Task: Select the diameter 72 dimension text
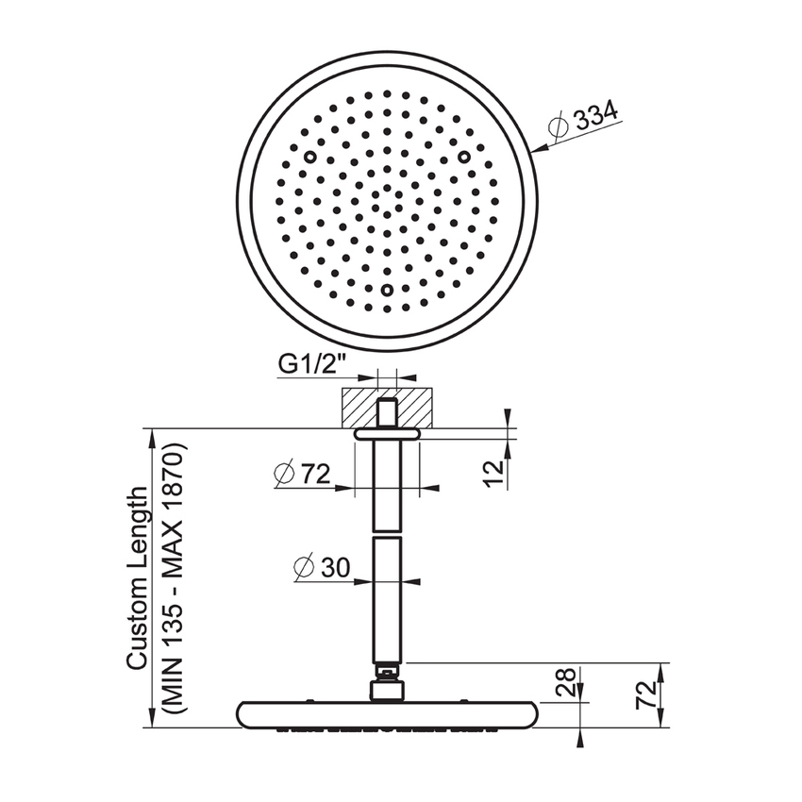click(302, 474)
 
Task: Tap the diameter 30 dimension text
click(321, 567)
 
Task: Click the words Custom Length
click(138, 577)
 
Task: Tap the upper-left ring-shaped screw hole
click(309, 158)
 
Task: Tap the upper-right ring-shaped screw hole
click(464, 157)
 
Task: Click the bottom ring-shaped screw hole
click(387, 291)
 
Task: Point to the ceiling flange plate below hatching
click(387, 434)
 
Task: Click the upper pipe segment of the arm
click(387, 486)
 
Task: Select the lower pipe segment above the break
click(387, 599)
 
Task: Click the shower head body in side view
click(387, 714)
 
